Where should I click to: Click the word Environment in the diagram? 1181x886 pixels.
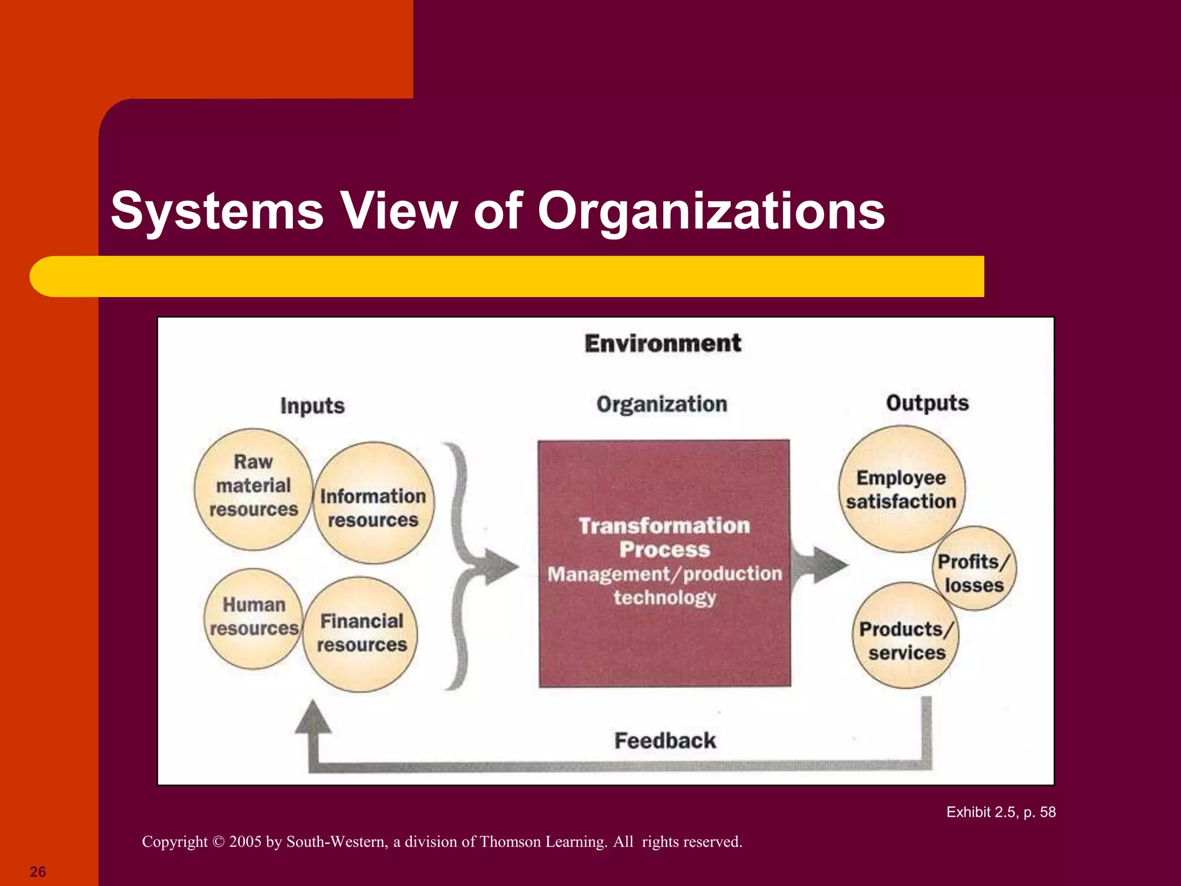(663, 343)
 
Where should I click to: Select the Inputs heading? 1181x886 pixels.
(313, 406)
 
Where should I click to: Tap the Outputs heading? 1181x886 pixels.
(927, 403)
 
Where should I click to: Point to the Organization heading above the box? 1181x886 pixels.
(662, 404)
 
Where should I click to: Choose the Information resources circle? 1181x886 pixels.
(374, 503)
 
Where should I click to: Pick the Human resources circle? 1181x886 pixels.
(254, 618)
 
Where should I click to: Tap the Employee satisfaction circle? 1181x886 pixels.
(901, 489)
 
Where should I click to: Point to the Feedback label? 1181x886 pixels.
(665, 741)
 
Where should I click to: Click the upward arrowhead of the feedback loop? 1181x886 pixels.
(313, 718)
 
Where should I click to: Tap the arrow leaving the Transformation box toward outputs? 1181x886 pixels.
(821, 565)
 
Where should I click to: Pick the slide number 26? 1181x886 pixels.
(37, 872)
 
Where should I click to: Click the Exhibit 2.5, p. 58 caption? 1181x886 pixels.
(1001, 812)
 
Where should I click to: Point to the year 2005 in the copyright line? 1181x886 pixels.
(245, 842)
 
